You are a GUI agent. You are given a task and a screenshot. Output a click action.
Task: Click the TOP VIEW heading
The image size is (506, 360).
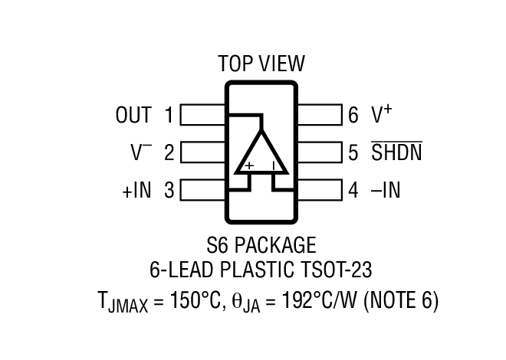(261, 64)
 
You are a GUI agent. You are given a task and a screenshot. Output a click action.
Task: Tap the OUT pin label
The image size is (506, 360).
(133, 116)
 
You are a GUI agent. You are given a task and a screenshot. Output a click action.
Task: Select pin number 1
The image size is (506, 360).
(169, 116)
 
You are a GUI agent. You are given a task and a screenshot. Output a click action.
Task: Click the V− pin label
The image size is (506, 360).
(140, 152)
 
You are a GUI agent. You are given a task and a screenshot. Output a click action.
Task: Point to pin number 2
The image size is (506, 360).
(169, 152)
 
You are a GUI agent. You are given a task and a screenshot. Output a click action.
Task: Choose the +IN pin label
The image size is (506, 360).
(136, 190)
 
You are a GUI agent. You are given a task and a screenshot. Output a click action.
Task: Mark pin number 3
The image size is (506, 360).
(169, 190)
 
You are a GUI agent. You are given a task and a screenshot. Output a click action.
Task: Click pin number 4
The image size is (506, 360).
(353, 190)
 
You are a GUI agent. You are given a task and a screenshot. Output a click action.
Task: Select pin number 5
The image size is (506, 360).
(353, 152)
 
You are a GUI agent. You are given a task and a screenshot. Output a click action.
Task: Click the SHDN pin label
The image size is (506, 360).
(396, 152)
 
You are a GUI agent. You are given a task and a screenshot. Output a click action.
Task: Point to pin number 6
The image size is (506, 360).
(353, 116)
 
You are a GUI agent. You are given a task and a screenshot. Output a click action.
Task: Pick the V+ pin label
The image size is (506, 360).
(382, 115)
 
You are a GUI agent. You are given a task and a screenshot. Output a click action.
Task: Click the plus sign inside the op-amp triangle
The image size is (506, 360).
(249, 165)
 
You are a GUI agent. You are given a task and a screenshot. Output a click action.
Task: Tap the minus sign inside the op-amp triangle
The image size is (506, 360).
(274, 165)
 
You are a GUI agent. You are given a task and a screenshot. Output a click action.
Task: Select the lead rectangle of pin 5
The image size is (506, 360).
(319, 152)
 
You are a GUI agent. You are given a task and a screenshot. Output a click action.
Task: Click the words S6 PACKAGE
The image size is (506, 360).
(261, 246)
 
